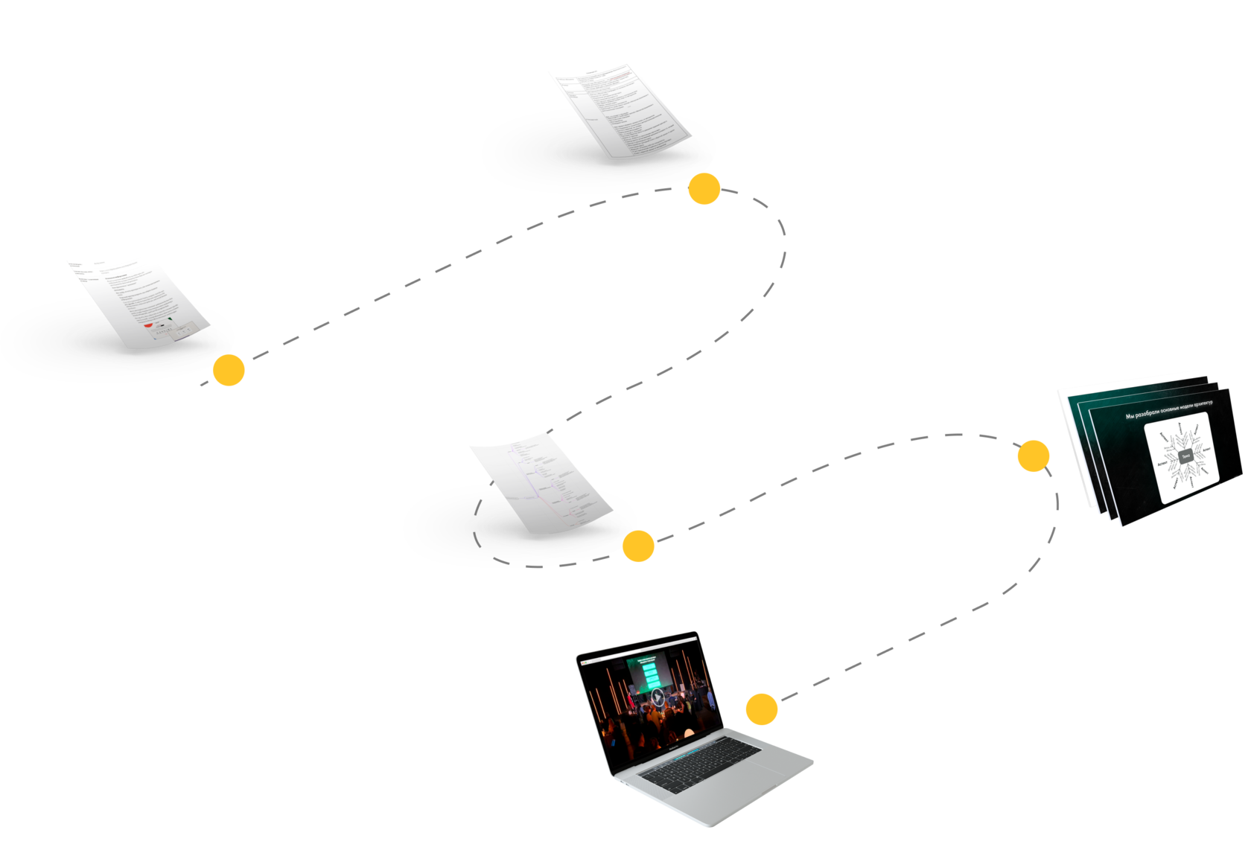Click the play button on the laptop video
tap(658, 697)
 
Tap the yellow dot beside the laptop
tap(762, 709)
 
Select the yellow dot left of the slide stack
tap(1034, 456)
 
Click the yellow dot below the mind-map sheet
tap(638, 546)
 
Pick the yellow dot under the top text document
tap(704, 188)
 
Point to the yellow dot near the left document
tap(229, 370)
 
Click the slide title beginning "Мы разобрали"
tap(1168, 410)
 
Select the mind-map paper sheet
tap(540, 482)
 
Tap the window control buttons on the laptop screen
tap(585, 661)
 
